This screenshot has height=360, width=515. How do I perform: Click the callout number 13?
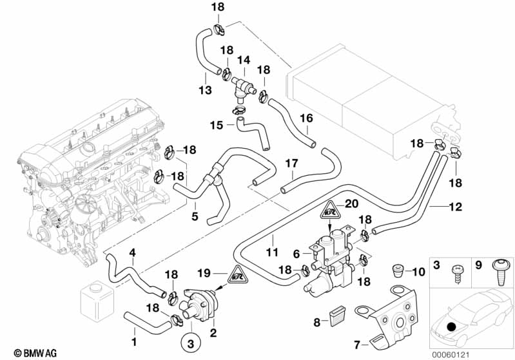205,91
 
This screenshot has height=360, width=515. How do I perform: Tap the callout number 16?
306,118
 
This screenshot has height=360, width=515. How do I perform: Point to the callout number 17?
291,164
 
